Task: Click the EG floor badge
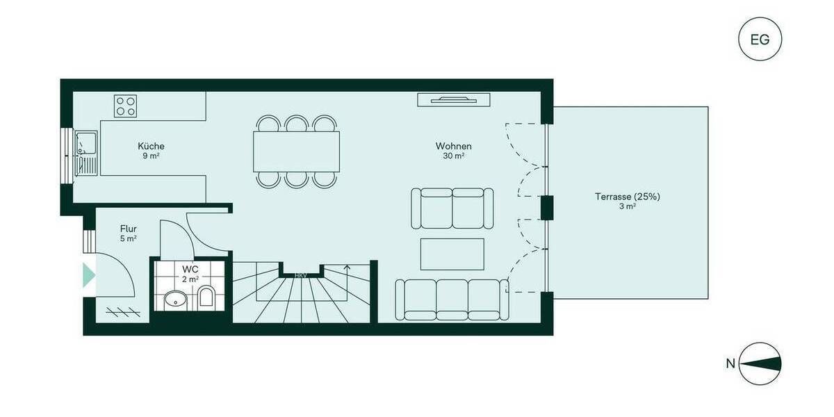(760, 39)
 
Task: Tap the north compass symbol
(760, 363)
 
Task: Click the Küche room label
(151, 147)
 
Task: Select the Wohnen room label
(454, 147)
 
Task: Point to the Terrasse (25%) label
(627, 197)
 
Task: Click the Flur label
(128, 228)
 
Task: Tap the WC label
(190, 269)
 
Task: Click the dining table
(297, 152)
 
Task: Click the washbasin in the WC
(174, 300)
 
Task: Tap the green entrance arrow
(88, 275)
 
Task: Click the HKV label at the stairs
(301, 276)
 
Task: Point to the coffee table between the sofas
(452, 254)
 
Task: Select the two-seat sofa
(452, 208)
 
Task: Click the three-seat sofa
(452, 299)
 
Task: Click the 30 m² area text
(454, 156)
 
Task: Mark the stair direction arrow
(347, 268)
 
